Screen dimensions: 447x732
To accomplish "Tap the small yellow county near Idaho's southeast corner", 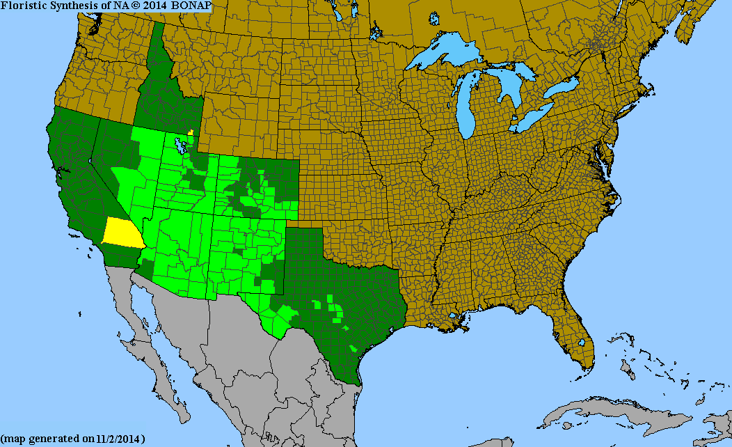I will click(x=190, y=132).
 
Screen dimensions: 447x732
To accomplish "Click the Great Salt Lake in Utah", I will click(x=182, y=147).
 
